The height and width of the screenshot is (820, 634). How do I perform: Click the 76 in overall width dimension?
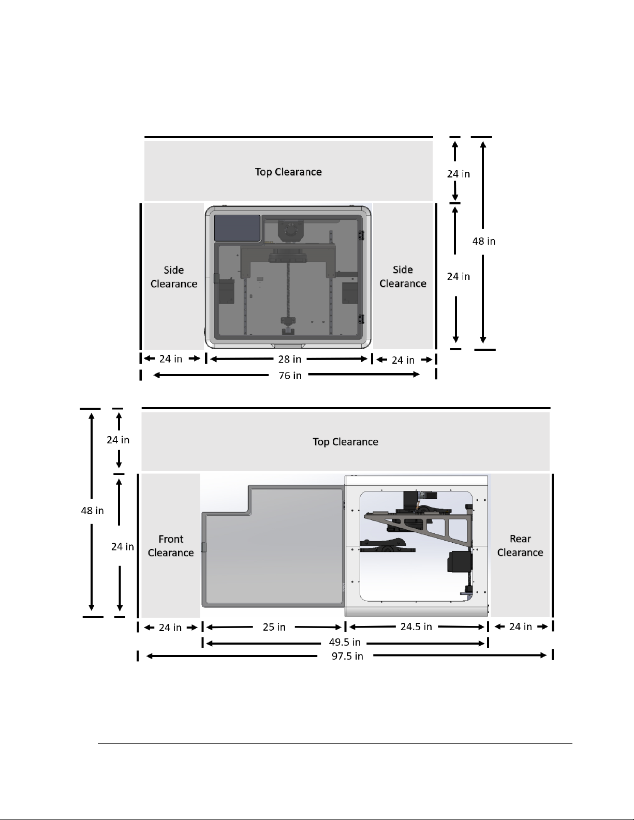tap(290, 376)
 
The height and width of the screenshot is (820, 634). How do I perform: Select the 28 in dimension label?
tap(289, 359)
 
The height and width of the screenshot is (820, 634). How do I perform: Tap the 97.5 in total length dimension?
tap(347, 656)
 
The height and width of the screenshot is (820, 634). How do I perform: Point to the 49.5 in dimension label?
tap(345, 642)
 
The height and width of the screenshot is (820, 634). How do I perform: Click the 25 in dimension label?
tap(274, 627)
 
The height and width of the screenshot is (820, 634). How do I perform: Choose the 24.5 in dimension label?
tap(416, 627)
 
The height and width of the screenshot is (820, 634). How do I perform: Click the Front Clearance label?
tap(171, 546)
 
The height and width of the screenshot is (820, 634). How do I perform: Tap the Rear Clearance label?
tap(520, 545)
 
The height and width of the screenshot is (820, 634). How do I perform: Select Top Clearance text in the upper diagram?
tap(288, 172)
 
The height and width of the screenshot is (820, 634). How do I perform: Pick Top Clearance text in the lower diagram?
tap(345, 441)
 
